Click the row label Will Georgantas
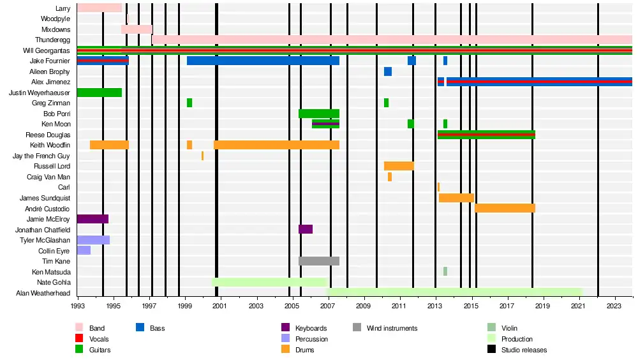47,50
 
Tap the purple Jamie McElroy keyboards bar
93,219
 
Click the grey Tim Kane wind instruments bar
319,261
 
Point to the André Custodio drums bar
505,208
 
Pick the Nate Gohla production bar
269,282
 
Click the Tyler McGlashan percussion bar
93,240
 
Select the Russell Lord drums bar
399,166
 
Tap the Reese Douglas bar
486,135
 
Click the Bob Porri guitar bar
319,114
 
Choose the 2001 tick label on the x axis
221,306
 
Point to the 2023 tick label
614,306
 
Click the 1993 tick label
78,306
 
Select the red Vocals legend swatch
80,339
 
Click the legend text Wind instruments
392,328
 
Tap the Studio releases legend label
524,350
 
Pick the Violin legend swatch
491,328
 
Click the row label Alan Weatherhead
43,293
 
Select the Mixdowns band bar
137,29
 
